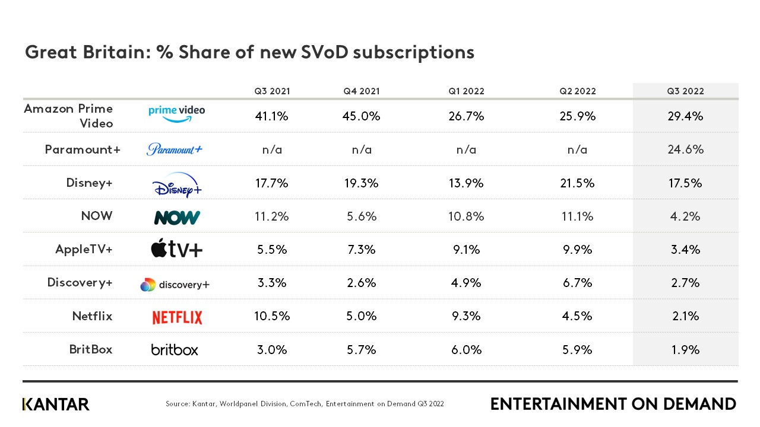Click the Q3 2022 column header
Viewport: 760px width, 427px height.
click(x=685, y=91)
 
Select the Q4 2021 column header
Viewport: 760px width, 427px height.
click(x=361, y=91)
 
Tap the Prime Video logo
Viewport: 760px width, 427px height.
click(x=176, y=113)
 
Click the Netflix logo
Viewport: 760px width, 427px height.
click(x=177, y=317)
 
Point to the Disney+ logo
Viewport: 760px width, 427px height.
click(x=177, y=183)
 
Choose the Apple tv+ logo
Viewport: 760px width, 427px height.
click(x=177, y=250)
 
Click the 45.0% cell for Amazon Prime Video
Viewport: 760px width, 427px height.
click(x=361, y=116)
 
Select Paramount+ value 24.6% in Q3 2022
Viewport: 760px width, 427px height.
click(x=685, y=149)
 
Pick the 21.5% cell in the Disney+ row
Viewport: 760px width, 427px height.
click(x=578, y=183)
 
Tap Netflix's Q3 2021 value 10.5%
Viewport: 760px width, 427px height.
click(x=272, y=316)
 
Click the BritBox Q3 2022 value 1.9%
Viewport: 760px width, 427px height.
click(x=685, y=349)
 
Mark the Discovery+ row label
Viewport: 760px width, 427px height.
click(x=80, y=282)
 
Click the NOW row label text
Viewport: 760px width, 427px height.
click(x=96, y=216)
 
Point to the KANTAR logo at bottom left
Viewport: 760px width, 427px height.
click(x=56, y=404)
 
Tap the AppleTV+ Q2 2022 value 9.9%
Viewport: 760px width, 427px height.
click(x=578, y=250)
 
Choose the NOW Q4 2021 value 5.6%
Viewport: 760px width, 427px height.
click(x=361, y=216)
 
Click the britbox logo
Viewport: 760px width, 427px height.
click(x=175, y=349)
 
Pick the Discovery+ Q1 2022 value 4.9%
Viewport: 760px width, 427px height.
click(x=466, y=283)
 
